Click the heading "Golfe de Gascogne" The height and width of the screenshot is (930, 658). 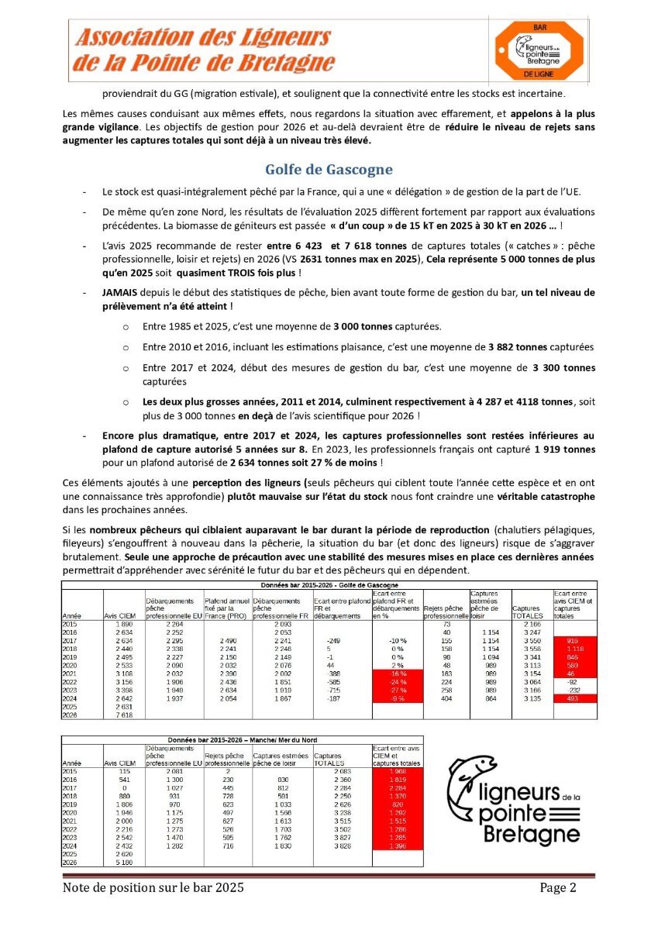[x=329, y=169]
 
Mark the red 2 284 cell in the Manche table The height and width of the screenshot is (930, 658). [x=398, y=789]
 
